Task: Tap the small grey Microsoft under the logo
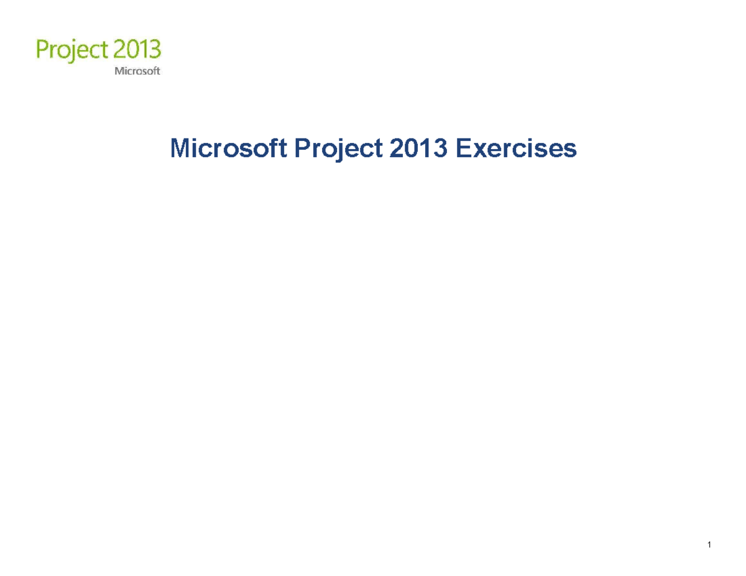coord(137,71)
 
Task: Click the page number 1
coord(709,546)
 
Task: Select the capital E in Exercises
coord(463,149)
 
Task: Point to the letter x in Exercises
coord(478,151)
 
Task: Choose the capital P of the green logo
coord(44,48)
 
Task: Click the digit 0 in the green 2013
coord(135,48)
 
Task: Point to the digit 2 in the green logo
coord(122,48)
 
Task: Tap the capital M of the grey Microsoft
coord(117,71)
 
